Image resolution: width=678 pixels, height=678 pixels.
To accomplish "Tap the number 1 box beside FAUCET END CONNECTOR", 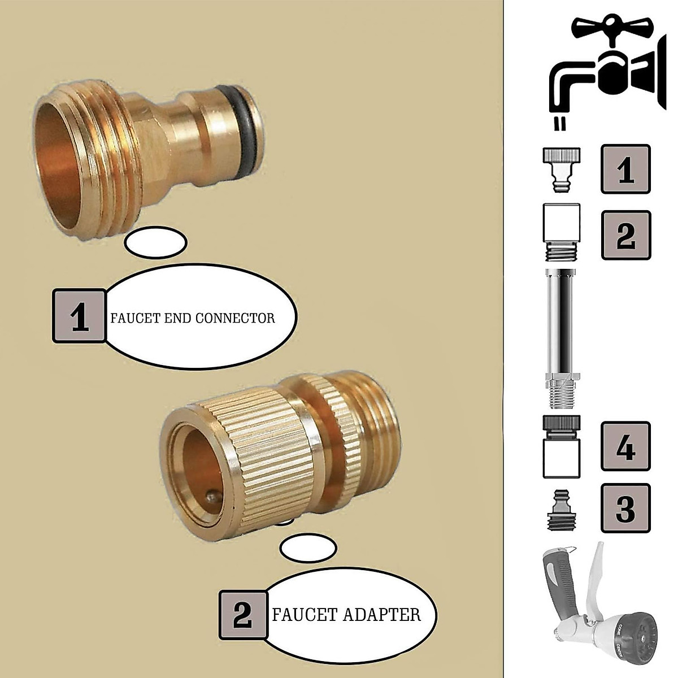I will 80,316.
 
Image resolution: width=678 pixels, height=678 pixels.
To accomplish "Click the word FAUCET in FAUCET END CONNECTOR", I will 131,318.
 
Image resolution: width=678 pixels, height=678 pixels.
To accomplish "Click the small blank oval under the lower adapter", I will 308,548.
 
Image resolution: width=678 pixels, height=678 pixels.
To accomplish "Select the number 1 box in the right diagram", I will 625,169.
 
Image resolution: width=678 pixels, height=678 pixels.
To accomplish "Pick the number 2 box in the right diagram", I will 625,235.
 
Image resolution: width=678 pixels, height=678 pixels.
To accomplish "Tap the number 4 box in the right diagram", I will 625,446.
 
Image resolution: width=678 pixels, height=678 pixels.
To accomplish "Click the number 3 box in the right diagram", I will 625,508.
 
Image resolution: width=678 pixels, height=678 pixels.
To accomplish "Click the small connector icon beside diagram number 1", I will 561,169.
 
